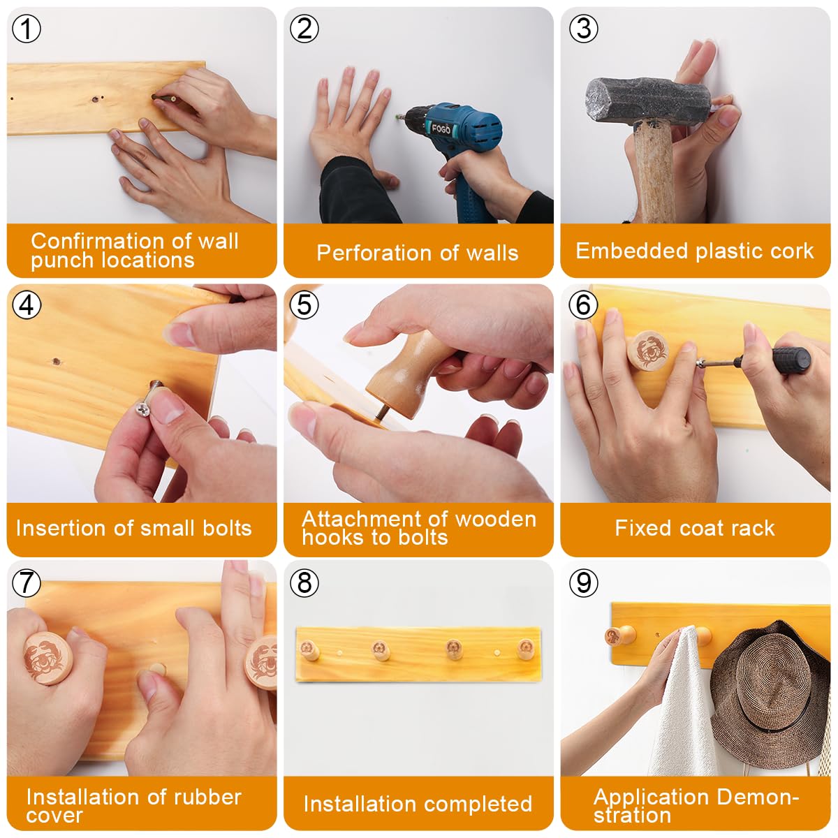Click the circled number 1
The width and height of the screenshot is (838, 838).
click(x=27, y=29)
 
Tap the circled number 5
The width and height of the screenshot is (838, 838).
click(x=304, y=305)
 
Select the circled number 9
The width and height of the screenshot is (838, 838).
click(x=584, y=582)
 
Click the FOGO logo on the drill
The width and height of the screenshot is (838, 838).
click(x=441, y=128)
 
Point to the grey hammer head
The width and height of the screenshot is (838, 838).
click(x=648, y=101)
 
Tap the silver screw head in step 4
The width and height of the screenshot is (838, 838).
click(x=142, y=410)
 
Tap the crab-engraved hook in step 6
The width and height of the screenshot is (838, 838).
click(x=647, y=351)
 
